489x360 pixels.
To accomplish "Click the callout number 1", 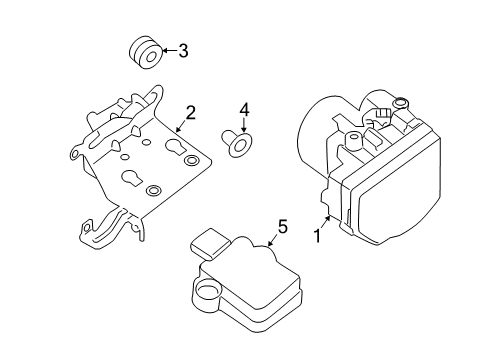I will coord(319,238).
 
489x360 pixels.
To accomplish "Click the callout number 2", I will coord(189,113).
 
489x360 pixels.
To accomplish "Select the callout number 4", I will coord(242,110).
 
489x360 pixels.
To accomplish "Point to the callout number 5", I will coord(282,227).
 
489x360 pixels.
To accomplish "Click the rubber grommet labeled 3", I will coord(143,50).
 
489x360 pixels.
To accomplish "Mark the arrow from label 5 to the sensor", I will coord(273,239).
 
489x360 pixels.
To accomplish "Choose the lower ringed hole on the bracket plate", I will coord(153,190).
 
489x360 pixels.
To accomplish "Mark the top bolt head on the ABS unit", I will coord(399,103).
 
